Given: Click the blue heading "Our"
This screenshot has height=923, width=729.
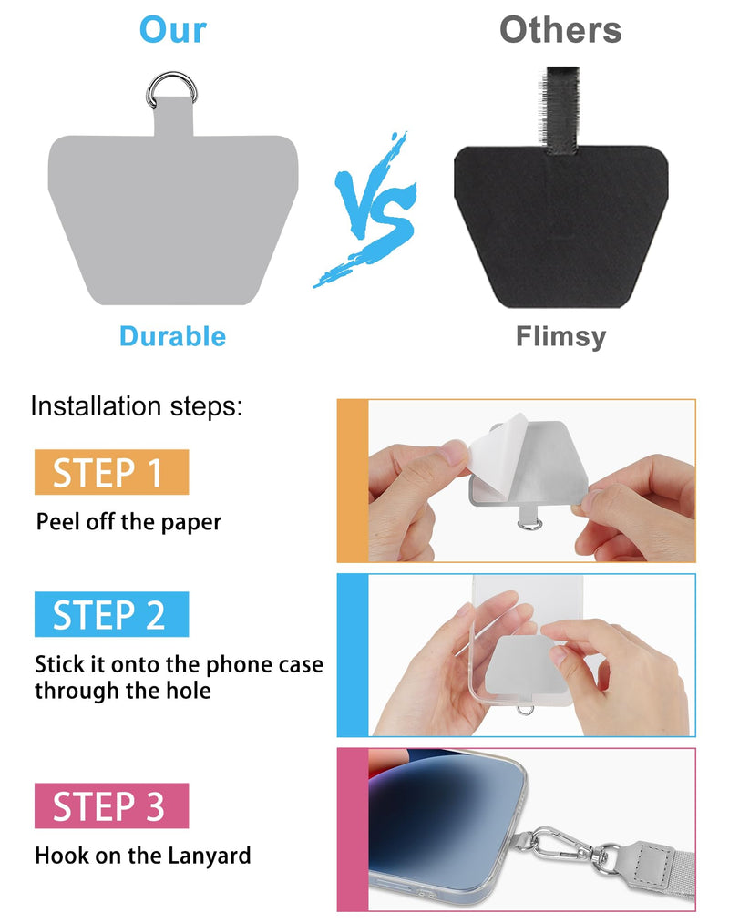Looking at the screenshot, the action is pos(172,29).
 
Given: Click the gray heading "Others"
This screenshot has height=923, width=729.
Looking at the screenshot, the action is pos(560,29).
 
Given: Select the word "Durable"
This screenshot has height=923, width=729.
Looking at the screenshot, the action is pos(172,336).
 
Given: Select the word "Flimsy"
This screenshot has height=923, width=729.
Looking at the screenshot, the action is pos(560,337).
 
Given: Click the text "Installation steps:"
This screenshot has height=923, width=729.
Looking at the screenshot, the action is pos(137,406).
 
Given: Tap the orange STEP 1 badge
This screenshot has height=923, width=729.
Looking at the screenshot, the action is pos(112,472).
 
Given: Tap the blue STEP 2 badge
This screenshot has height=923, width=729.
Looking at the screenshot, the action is pos(112,614).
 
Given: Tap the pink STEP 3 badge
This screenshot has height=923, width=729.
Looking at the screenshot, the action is pos(112,805).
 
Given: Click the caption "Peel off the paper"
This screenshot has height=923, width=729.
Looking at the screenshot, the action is pos(128,522).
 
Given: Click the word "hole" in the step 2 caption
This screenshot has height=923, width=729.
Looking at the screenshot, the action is pos(187,690).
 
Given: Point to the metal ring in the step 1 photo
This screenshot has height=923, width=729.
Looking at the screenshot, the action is pos(530,524).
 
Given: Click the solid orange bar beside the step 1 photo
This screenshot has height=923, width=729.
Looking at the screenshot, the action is pos(353,481).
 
